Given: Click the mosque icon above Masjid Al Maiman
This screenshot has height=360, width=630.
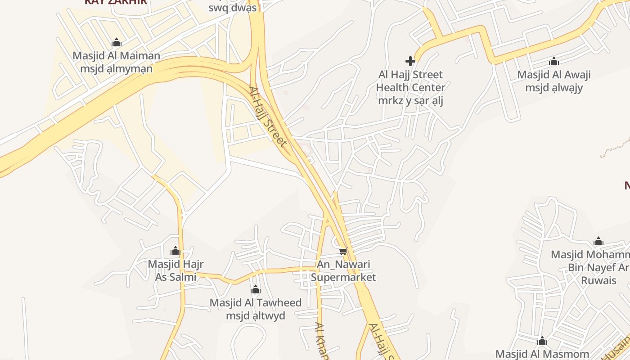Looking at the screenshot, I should pos(117,43).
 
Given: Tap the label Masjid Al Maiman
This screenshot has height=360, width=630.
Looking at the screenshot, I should pos(116,56).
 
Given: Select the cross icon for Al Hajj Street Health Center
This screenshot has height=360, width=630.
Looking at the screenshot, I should pos(410,61).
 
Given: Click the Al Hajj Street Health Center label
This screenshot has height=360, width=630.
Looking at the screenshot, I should pos(410,81).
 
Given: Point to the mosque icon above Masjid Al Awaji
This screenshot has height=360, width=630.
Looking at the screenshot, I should pos(554,61).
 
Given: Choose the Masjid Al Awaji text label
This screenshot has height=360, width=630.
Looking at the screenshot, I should pos(554,75).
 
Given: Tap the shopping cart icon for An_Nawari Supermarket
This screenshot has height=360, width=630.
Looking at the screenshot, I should pos(343,251).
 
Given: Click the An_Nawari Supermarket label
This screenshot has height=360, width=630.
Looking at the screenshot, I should pos(343,270).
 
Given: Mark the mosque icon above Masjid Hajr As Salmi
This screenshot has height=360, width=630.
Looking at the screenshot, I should pos(175,251).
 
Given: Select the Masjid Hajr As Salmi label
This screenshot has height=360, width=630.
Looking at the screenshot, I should pos(175,270).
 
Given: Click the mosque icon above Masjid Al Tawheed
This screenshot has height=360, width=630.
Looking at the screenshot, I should pos(256,289).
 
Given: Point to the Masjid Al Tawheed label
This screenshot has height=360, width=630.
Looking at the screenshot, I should pos(256,303).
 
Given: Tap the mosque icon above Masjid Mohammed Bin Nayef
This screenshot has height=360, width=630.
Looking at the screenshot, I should pos(598,242).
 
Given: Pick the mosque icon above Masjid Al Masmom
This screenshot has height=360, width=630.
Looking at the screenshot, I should pos(542,341).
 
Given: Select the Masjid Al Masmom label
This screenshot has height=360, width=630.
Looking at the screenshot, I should pos(542,354).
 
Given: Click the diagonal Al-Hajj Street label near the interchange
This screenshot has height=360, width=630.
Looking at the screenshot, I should pos(268,117).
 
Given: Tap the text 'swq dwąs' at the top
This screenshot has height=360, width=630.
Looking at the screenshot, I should pos(232,8).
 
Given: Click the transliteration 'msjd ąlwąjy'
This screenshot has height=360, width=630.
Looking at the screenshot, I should pos(554,88).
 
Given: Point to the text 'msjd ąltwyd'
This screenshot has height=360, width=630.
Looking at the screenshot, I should pos(256,316).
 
